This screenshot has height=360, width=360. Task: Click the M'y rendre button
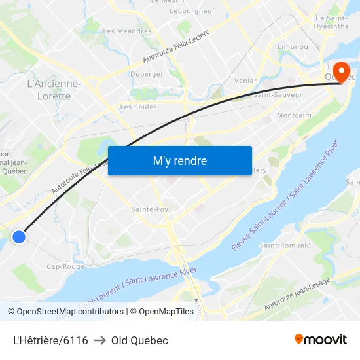(179, 160)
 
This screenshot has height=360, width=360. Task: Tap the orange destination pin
(341, 72)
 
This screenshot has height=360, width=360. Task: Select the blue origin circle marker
(19, 238)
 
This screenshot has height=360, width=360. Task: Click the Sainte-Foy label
(150, 209)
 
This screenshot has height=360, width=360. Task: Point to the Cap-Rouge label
(65, 266)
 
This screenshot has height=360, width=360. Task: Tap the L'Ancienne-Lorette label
(54, 90)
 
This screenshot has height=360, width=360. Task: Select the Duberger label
(147, 74)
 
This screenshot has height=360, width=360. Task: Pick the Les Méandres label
(127, 31)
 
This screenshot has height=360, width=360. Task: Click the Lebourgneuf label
(192, 11)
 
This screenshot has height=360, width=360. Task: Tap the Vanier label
(245, 81)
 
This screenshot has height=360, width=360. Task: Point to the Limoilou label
(293, 48)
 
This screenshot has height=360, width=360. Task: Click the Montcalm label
(293, 115)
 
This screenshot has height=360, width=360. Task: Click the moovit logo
(321, 339)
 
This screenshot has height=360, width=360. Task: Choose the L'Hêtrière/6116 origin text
(50, 340)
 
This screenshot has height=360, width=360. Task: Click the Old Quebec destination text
(139, 340)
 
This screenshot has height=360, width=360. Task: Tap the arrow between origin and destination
(99, 340)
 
